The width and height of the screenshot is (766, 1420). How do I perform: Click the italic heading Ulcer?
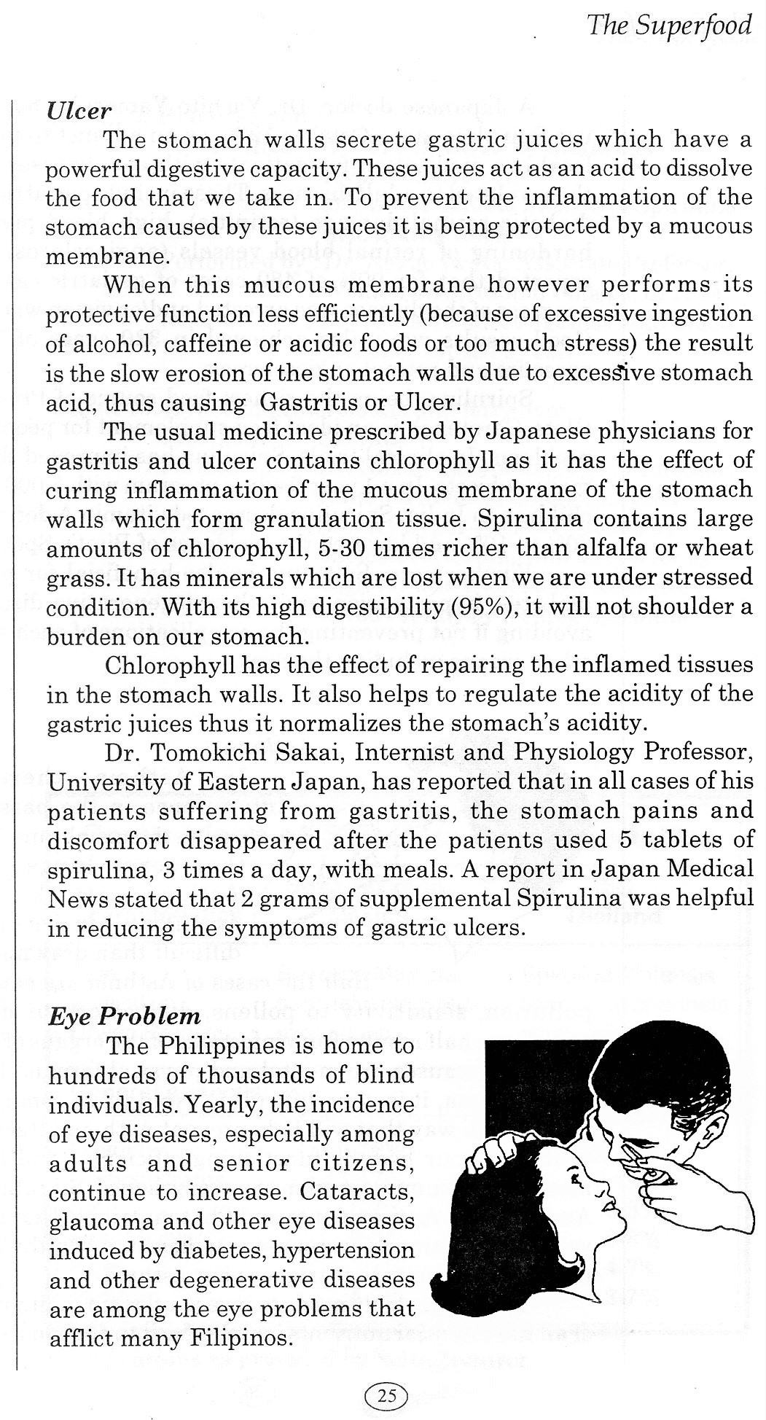79,110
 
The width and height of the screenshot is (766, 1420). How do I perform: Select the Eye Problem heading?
124,1016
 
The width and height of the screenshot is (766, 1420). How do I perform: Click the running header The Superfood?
668,26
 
